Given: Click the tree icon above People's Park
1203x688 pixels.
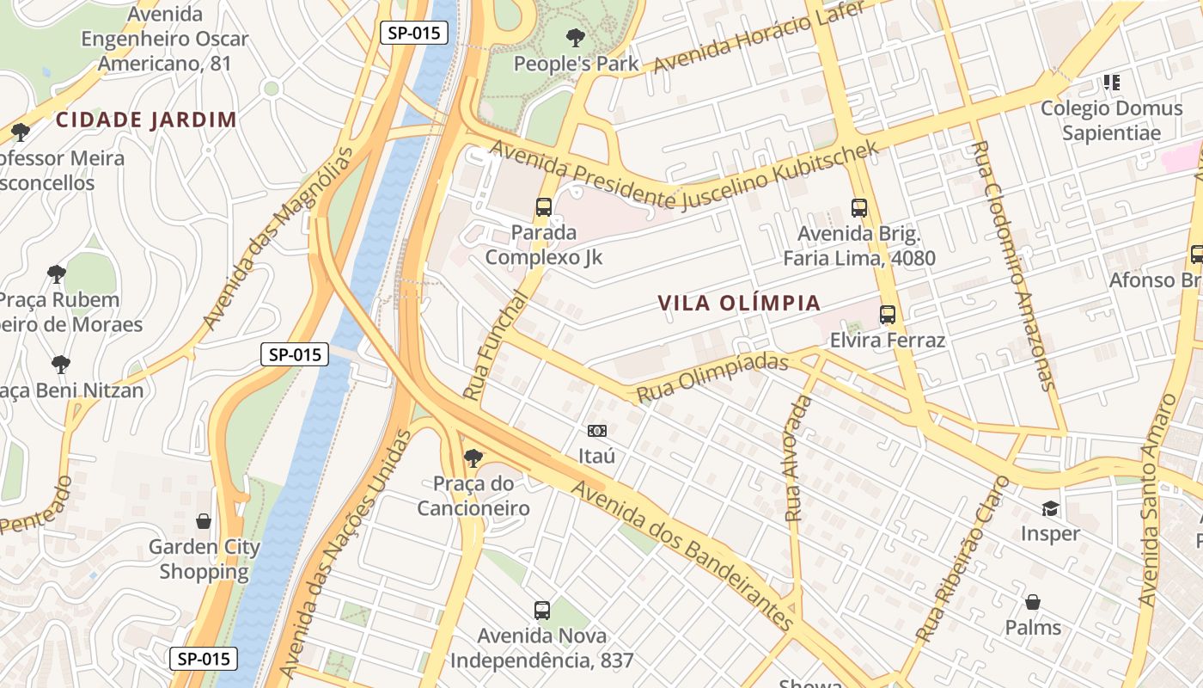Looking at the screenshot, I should coord(576,37).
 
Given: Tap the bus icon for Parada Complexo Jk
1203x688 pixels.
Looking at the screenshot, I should coord(543,206).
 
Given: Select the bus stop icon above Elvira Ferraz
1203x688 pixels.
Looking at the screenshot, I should coord(888,315).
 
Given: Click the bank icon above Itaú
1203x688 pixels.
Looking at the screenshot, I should coord(596,430).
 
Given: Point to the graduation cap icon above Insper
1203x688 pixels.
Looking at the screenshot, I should coord(1050,508).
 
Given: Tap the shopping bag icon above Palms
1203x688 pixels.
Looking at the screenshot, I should coord(1033,602).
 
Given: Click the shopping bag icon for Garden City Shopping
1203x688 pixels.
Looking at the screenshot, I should coord(204,521).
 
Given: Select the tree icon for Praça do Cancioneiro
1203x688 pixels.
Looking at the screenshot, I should coord(472,458).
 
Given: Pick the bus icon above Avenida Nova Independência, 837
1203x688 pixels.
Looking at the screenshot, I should coord(541,611).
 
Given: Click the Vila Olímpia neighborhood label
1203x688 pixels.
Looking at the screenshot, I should coord(739,304).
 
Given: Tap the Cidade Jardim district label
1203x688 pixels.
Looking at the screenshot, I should coord(146,120).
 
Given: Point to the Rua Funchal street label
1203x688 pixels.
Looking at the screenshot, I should coord(496,345).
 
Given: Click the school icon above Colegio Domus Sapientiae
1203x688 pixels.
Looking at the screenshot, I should coord(1112,83).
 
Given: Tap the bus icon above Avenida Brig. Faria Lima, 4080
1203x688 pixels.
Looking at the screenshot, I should coord(858,207).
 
